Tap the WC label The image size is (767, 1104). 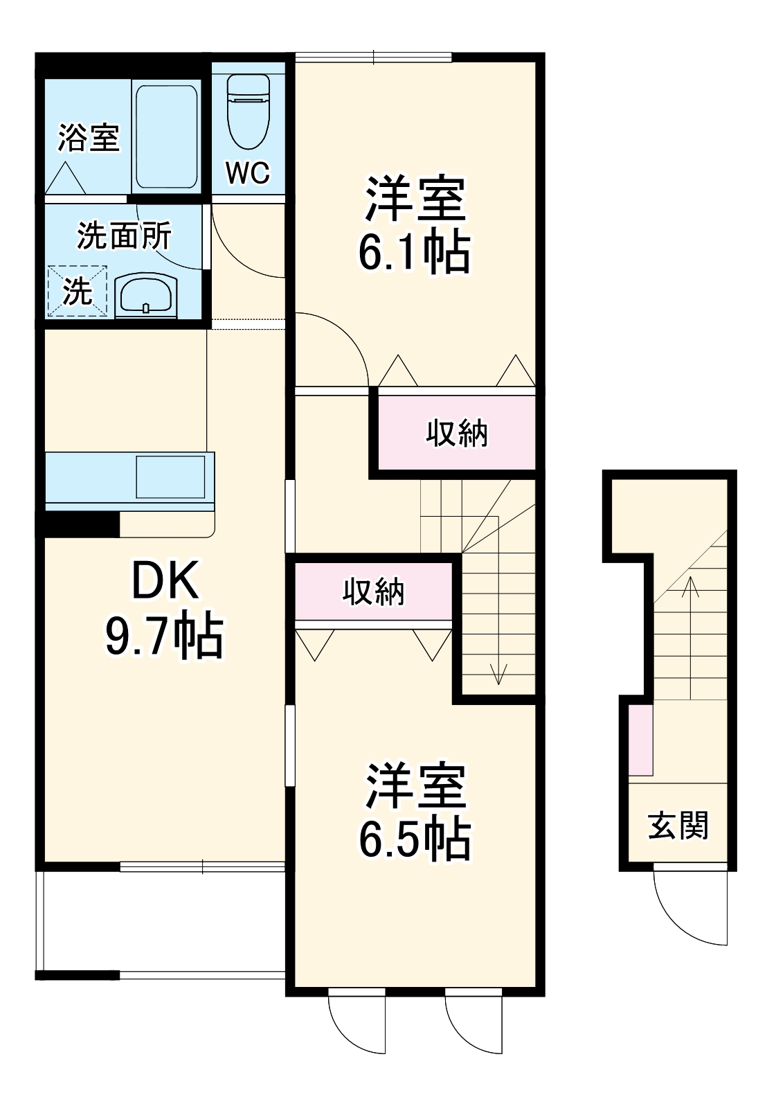pyautogui.click(x=248, y=173)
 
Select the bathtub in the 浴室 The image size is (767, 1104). pyautogui.click(x=166, y=136)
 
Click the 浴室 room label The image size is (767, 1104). pyautogui.click(x=89, y=137)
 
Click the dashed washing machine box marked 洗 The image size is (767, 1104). pyautogui.click(x=78, y=292)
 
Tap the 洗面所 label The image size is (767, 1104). pyautogui.click(x=124, y=236)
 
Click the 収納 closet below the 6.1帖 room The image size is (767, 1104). pyautogui.click(x=456, y=434)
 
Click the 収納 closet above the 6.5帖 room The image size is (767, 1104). pyautogui.click(x=374, y=592)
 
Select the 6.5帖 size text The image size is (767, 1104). pyautogui.click(x=414, y=839)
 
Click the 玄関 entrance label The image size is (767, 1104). pyautogui.click(x=678, y=826)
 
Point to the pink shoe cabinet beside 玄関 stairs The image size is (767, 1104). pyautogui.click(x=640, y=740)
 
